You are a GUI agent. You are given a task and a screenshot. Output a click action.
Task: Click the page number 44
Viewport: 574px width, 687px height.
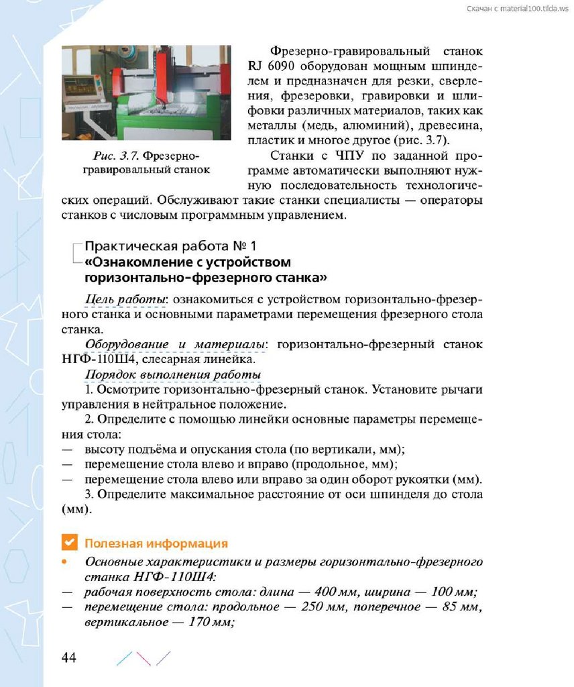[69, 657]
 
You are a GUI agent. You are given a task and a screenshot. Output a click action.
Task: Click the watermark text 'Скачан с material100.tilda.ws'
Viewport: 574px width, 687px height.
[516, 7]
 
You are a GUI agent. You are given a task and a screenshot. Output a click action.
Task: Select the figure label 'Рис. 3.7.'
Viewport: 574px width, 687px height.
[116, 156]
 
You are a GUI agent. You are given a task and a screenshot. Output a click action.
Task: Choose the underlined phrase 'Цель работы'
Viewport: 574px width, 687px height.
[125, 299]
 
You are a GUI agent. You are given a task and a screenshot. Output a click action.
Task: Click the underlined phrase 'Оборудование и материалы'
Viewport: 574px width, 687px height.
[175, 345]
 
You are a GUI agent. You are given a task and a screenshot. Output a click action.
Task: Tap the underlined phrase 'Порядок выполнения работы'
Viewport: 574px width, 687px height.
[173, 374]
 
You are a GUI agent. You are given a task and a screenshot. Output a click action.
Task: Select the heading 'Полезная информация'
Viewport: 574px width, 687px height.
[156, 543]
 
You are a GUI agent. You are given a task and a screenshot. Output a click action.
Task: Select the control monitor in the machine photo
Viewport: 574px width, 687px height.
[78, 86]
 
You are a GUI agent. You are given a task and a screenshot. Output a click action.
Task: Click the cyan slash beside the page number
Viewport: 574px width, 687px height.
[123, 657]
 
